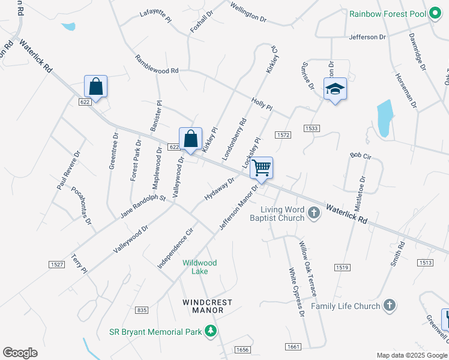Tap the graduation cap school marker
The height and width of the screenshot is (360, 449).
pyautogui.click(x=336, y=89)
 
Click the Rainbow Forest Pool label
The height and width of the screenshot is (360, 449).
pyautogui.click(x=387, y=13)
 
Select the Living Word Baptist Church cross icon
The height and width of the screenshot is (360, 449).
pyautogui.click(x=313, y=213)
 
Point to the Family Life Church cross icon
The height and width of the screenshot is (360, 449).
pyautogui.click(x=389, y=305)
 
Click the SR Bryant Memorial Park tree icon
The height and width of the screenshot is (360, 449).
pyautogui.click(x=210, y=331)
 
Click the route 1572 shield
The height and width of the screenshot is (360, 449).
pyautogui.click(x=283, y=136)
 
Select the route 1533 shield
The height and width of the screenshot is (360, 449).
pyautogui.click(x=312, y=128)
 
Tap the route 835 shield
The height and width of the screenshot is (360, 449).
pyautogui.click(x=142, y=310)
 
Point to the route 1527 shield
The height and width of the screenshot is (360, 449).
pyautogui.click(x=56, y=264)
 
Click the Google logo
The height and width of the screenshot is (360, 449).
pyautogui.click(x=20, y=353)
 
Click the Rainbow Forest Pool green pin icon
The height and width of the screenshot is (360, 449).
pyautogui.click(x=435, y=13)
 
